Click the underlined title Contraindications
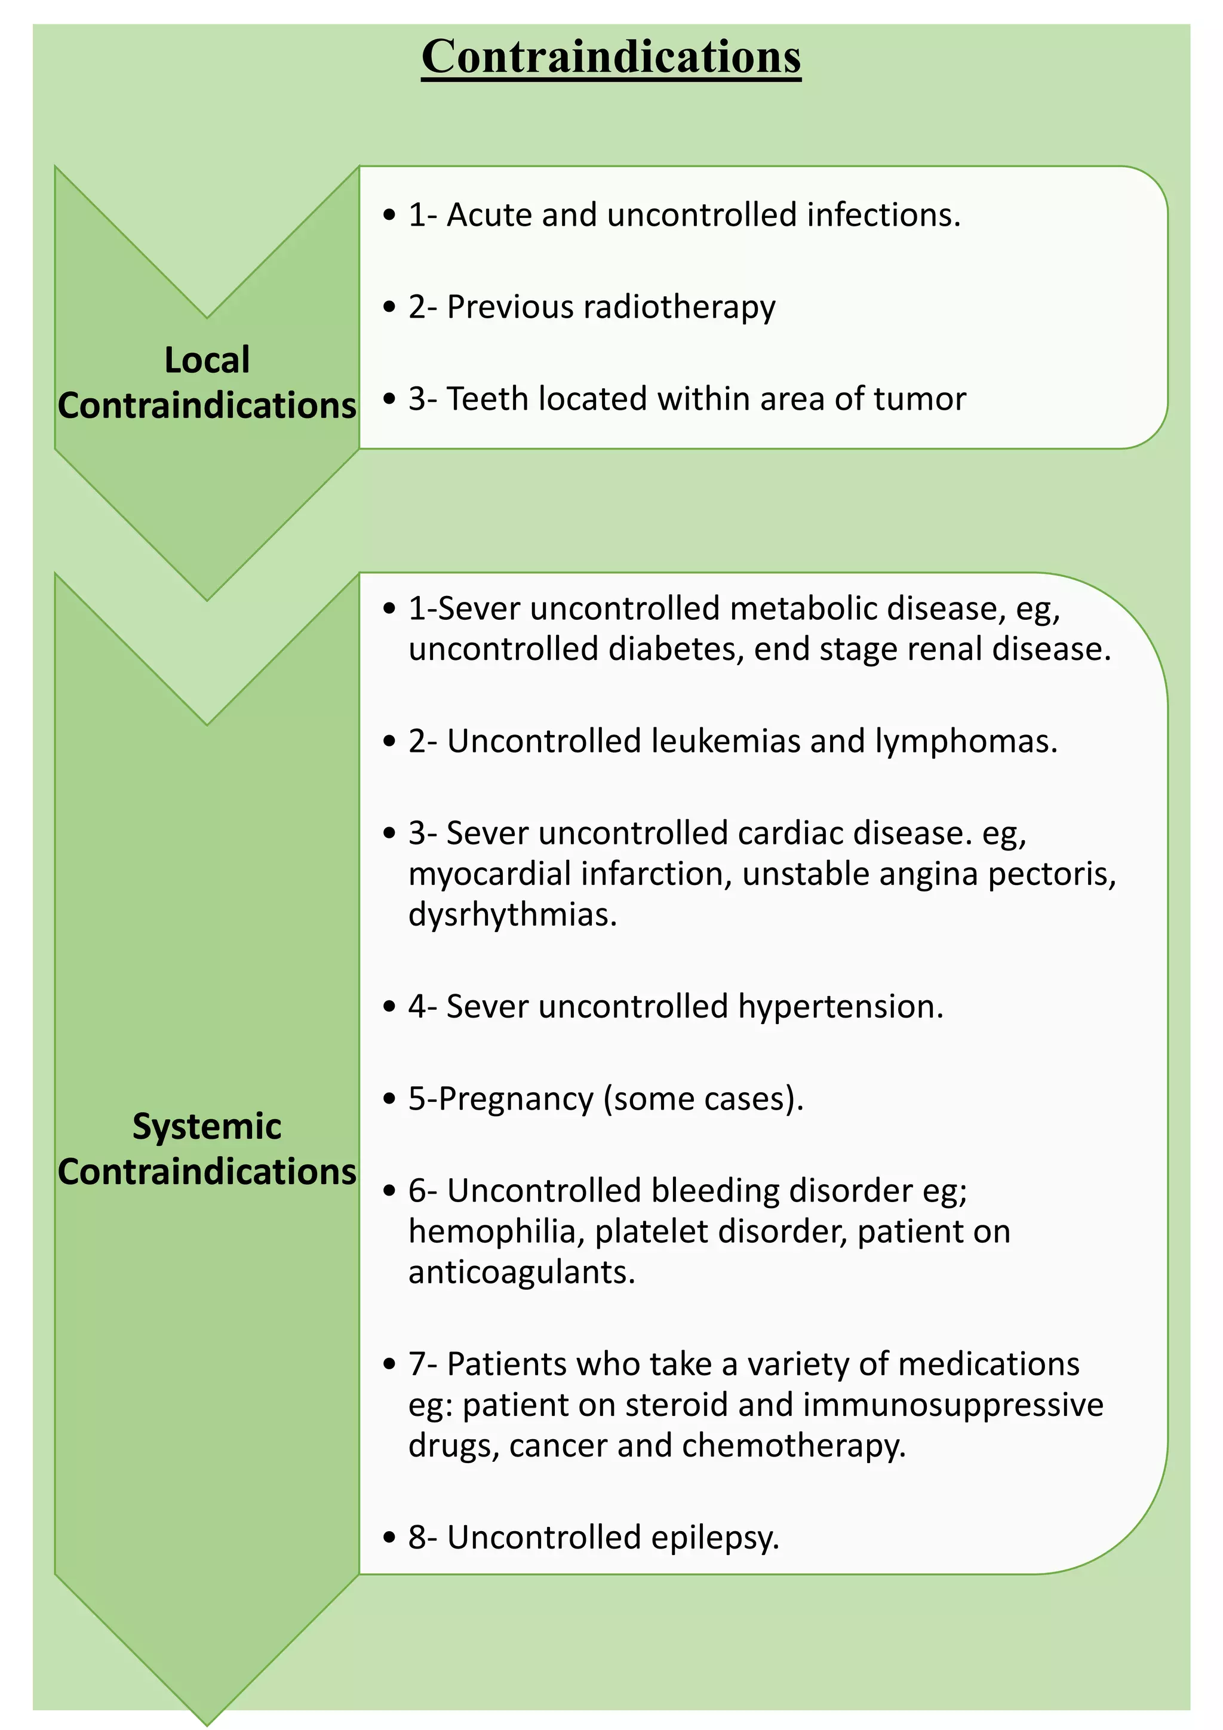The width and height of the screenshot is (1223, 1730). (610, 57)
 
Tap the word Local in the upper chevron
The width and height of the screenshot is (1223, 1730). (207, 360)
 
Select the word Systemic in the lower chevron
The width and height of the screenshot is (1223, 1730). (207, 1126)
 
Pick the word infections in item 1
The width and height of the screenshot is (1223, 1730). (883, 216)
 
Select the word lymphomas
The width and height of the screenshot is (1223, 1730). (966, 743)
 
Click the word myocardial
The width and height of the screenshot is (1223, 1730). (490, 875)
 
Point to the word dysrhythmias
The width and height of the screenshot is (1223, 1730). (512, 915)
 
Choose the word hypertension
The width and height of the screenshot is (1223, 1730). (840, 1007)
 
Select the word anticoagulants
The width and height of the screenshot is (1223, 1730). (521, 1273)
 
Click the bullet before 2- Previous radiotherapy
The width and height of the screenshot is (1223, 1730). (389, 308)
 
